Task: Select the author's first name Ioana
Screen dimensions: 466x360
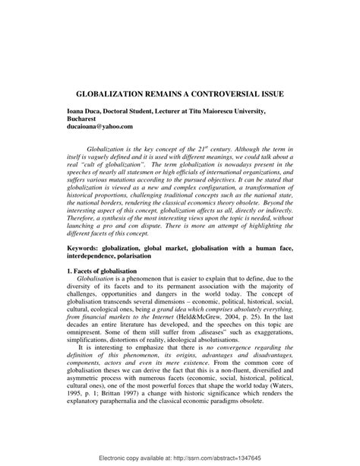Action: coord(75,111)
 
